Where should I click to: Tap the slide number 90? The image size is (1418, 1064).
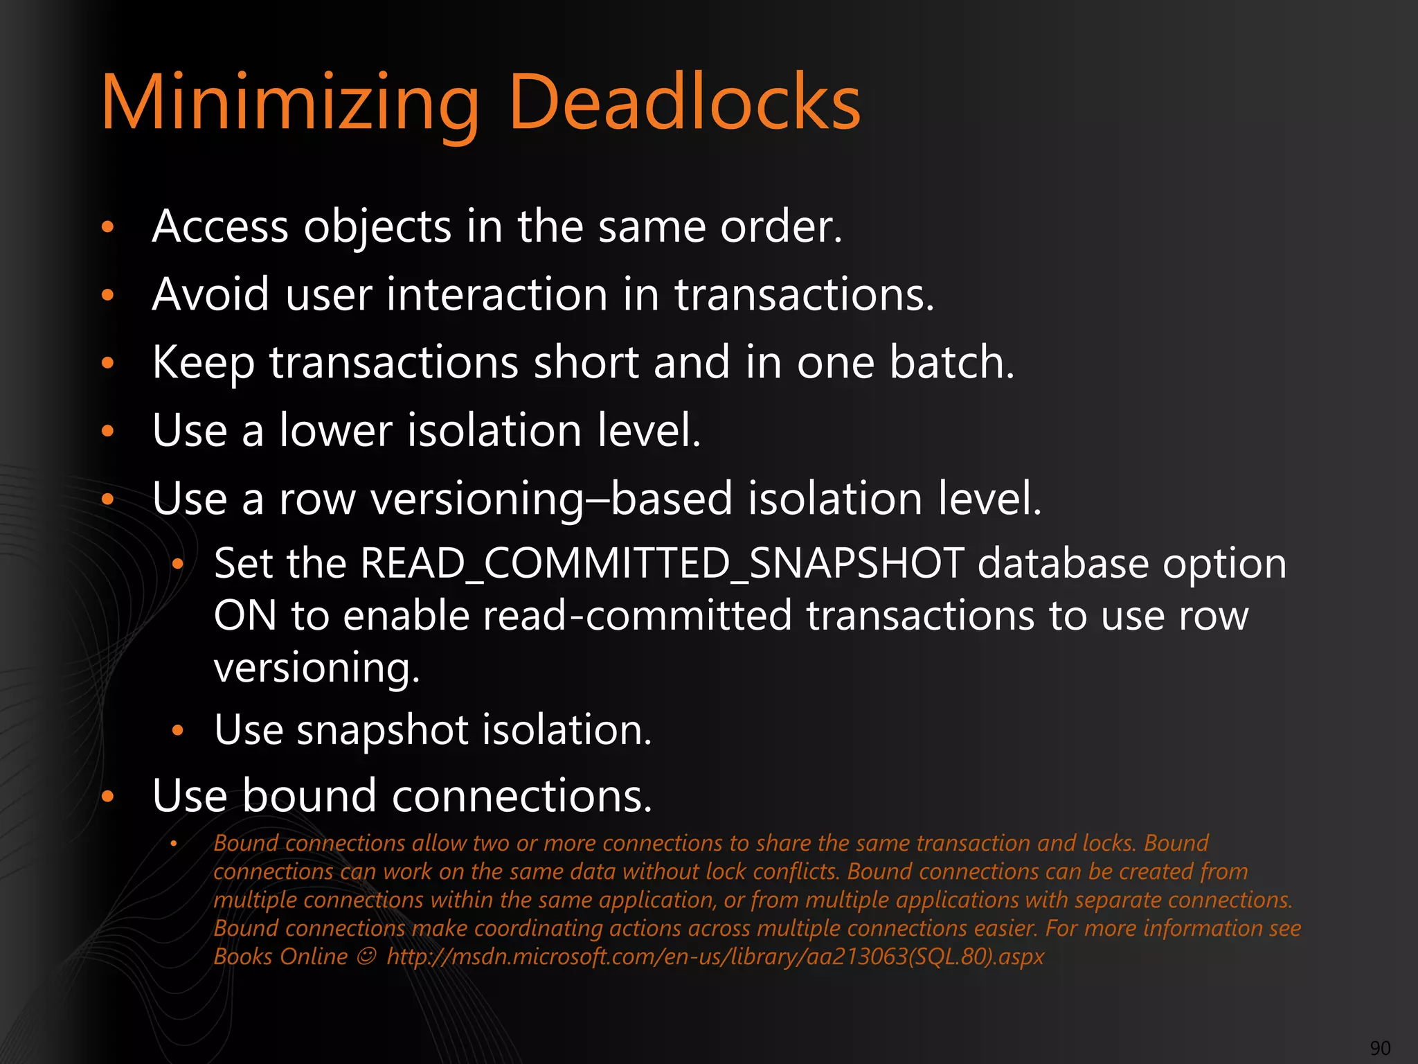click(1380, 1048)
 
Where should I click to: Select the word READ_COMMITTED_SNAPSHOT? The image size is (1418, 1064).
click(661, 563)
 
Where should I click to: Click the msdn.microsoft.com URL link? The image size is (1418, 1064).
click(715, 957)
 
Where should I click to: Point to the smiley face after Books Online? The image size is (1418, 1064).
click(366, 957)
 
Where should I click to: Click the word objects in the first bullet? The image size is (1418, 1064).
click(377, 227)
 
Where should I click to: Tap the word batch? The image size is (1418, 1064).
click(951, 362)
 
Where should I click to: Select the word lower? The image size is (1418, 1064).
click(336, 430)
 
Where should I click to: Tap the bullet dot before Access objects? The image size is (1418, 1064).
click(107, 227)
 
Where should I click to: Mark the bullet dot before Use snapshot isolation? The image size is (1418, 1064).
click(177, 730)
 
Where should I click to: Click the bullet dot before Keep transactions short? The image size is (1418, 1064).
click(107, 362)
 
